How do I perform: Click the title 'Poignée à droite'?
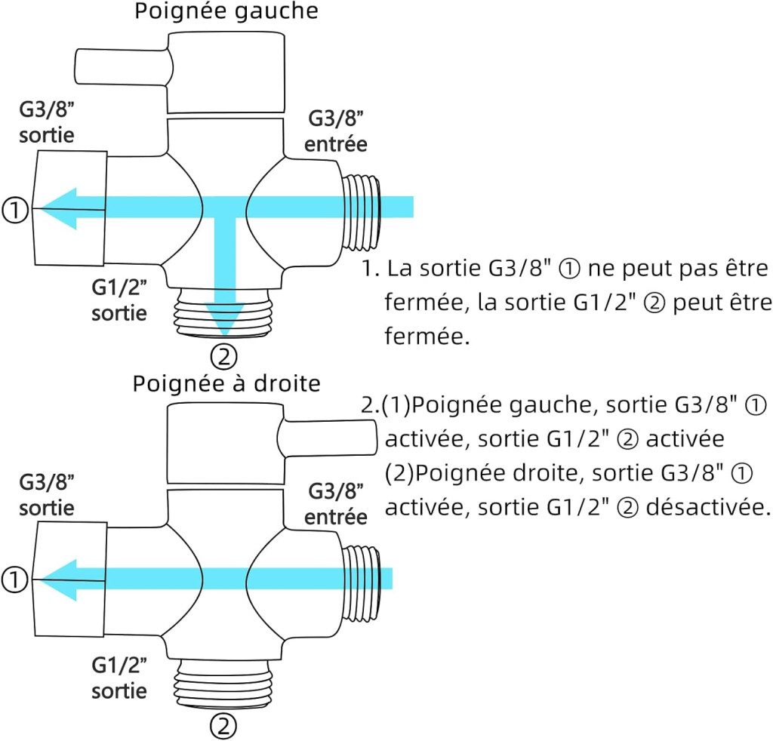pos(226,383)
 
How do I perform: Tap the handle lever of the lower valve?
pos(329,438)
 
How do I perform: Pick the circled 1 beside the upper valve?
pos(16,209)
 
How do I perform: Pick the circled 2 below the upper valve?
pos(224,355)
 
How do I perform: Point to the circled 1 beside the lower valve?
pos(16,580)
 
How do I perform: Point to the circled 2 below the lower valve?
pos(224,727)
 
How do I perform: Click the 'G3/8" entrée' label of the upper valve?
pos(335,131)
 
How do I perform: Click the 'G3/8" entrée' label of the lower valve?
pos(337,505)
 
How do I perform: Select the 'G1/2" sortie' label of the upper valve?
pos(119,300)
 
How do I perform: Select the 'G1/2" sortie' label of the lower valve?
pos(119,677)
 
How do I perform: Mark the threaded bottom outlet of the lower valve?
pos(224,683)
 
